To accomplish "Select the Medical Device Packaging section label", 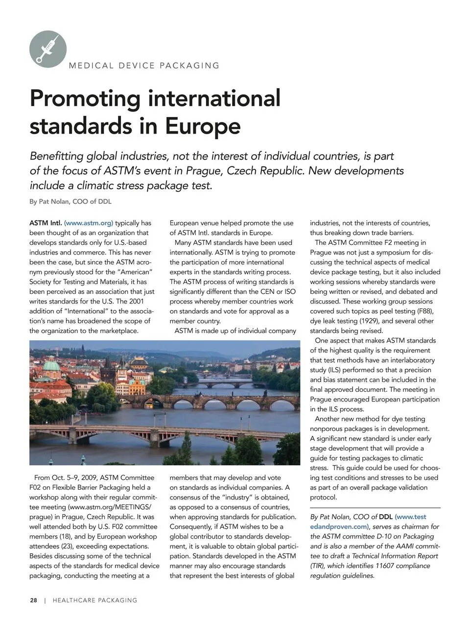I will [144, 66].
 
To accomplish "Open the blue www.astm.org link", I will [89, 223].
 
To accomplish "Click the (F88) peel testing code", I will [424, 311].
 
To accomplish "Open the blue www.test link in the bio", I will [410, 517].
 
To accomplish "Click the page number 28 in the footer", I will [33, 600].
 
